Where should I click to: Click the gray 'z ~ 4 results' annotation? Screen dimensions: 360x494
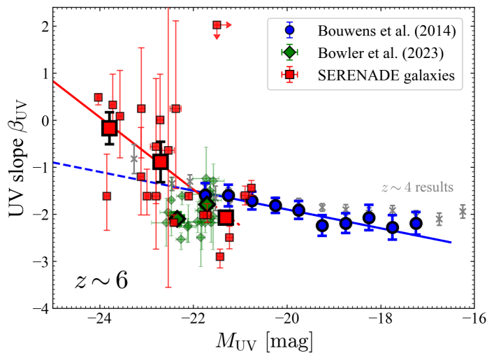pos(417,187)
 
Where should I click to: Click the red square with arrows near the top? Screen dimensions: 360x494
pos(217,25)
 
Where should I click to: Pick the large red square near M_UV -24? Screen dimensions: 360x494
pos(109,128)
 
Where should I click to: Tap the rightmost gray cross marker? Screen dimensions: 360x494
pos(463,211)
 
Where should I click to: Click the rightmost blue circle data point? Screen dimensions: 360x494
pos(416,223)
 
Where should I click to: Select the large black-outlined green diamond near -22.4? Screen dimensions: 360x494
pos(177,219)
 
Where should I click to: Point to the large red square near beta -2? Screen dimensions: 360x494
pos(225,217)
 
